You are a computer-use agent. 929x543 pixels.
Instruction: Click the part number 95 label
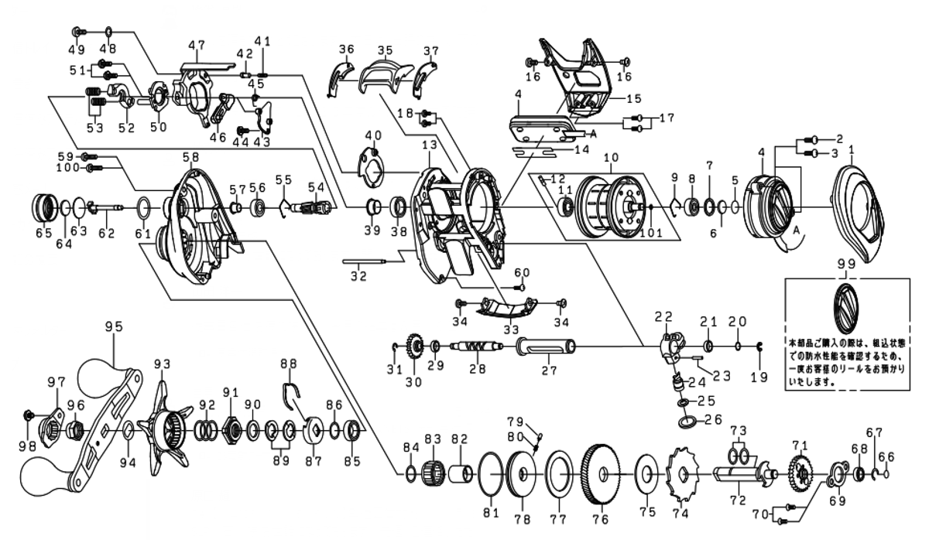tap(114, 326)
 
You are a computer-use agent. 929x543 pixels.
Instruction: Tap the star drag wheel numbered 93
tap(164, 428)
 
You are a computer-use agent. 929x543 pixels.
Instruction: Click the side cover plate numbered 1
tap(862, 209)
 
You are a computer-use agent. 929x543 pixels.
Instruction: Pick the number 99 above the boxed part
tap(847, 264)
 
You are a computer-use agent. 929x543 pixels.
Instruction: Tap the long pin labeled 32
tap(363, 262)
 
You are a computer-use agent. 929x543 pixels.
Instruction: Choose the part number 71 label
tap(798, 445)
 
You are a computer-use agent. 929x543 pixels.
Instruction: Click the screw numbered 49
tap(77, 32)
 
